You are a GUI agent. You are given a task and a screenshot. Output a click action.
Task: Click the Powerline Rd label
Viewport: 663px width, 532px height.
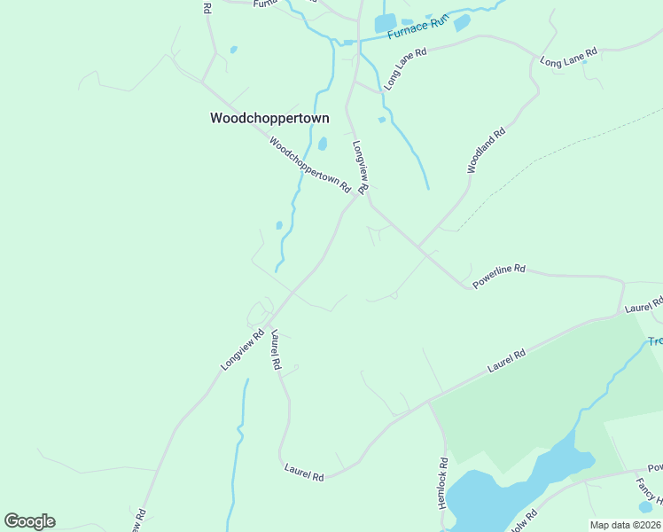pyautogui.click(x=499, y=276)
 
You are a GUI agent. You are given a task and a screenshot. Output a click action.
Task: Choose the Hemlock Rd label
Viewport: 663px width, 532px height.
pyautogui.click(x=443, y=483)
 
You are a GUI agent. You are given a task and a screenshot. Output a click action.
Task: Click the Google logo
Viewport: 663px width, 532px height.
pyautogui.click(x=29, y=521)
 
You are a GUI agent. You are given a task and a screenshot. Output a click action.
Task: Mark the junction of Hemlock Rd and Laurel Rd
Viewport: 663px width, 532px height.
pyautogui.click(x=429, y=401)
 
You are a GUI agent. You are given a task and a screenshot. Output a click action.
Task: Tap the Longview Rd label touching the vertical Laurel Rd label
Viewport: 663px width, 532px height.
pyautogui.click(x=243, y=350)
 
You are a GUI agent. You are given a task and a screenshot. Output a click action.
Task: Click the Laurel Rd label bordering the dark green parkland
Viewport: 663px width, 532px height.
pyautogui.click(x=506, y=360)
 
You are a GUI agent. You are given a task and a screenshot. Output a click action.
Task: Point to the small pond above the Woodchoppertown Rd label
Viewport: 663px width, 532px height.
pyautogui.click(x=323, y=143)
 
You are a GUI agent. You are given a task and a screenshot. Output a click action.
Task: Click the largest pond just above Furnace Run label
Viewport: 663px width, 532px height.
pyautogui.click(x=385, y=24)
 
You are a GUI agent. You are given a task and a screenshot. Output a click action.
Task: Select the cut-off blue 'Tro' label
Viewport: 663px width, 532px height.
pyautogui.click(x=654, y=341)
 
